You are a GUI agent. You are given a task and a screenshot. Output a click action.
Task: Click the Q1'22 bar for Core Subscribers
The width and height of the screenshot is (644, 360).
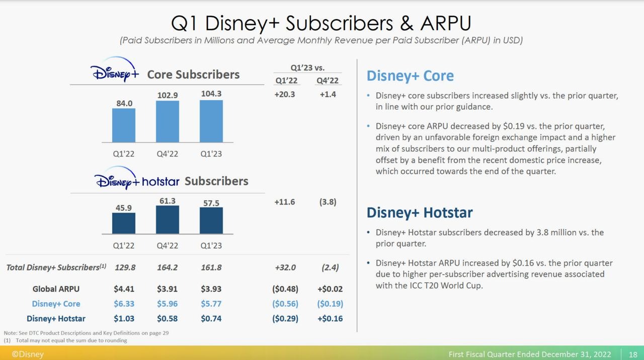tap(123, 125)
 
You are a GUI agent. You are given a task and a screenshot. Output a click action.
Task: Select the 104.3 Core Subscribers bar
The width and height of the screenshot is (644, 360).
tap(211, 121)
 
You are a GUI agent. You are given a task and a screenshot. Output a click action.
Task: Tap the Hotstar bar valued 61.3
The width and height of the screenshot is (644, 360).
tap(168, 220)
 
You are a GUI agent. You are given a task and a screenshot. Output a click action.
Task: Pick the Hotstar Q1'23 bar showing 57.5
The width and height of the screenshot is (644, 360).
tap(211, 221)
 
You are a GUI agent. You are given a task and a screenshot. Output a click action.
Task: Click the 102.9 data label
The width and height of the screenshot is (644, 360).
tap(168, 95)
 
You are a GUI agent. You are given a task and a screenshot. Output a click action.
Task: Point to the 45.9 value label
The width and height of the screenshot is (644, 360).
tap(124, 207)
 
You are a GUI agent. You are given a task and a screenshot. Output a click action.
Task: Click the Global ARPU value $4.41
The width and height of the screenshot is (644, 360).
tap(124, 289)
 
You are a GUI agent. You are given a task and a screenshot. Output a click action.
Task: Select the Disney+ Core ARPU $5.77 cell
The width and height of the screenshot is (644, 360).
tap(211, 304)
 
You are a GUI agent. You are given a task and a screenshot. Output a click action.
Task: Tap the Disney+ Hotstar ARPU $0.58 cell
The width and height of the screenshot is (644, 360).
tap(168, 318)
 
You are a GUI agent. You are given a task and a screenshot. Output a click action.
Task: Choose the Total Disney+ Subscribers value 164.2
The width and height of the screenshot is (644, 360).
tap(168, 267)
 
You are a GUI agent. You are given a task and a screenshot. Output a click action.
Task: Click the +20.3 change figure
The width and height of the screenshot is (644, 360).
tap(285, 94)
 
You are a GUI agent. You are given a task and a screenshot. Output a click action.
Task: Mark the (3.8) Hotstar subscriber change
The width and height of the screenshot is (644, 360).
tap(328, 202)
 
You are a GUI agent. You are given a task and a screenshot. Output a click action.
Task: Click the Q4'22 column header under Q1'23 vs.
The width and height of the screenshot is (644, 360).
tap(328, 81)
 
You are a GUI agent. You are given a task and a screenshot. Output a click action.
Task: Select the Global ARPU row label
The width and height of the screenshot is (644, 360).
tap(56, 289)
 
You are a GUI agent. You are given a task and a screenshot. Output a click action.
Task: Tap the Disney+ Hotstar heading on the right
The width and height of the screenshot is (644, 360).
tap(420, 212)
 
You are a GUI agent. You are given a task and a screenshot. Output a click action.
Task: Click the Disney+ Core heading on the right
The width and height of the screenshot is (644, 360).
tap(410, 76)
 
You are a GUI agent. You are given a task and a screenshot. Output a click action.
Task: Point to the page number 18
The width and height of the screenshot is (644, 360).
tap(632, 354)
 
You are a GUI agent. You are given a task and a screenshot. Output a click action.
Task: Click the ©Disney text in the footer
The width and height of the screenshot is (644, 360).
tap(28, 354)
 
